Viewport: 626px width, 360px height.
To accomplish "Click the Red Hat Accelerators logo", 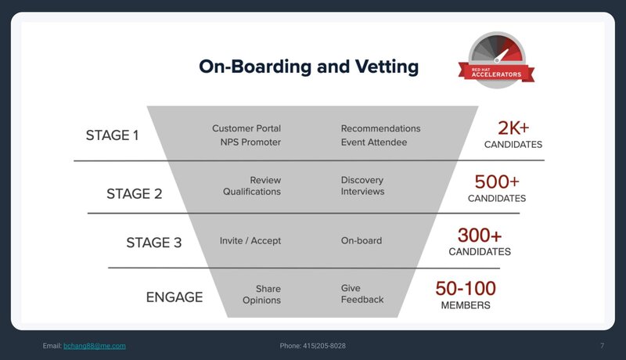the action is coord(496,59).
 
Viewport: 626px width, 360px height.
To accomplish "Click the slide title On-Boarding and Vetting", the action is coord(308,67).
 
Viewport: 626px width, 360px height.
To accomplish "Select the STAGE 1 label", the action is coord(112,135).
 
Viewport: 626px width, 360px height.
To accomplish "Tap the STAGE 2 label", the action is coord(134,193).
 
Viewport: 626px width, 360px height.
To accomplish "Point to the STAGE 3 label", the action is coord(153,243).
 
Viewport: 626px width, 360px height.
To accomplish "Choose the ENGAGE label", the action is coord(174,297).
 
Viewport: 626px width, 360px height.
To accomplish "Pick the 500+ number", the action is coord(497,182).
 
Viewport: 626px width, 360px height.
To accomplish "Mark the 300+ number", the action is coord(480,235).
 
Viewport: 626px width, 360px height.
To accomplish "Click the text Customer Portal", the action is coord(246,128).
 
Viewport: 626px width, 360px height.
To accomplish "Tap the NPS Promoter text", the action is coord(250,142).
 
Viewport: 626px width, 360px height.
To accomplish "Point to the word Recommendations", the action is coord(380,128).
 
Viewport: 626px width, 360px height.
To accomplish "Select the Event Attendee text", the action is coord(374,142).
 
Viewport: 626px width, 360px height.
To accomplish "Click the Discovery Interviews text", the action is coord(362,185).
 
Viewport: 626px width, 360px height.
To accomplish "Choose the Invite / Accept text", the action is coord(250,241).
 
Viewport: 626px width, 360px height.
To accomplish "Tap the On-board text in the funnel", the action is coord(362,241).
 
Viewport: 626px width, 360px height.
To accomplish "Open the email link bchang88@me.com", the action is coord(95,346).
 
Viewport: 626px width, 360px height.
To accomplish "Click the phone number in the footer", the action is coord(324,346).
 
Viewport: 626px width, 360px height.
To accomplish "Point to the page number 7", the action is coord(602,346).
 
